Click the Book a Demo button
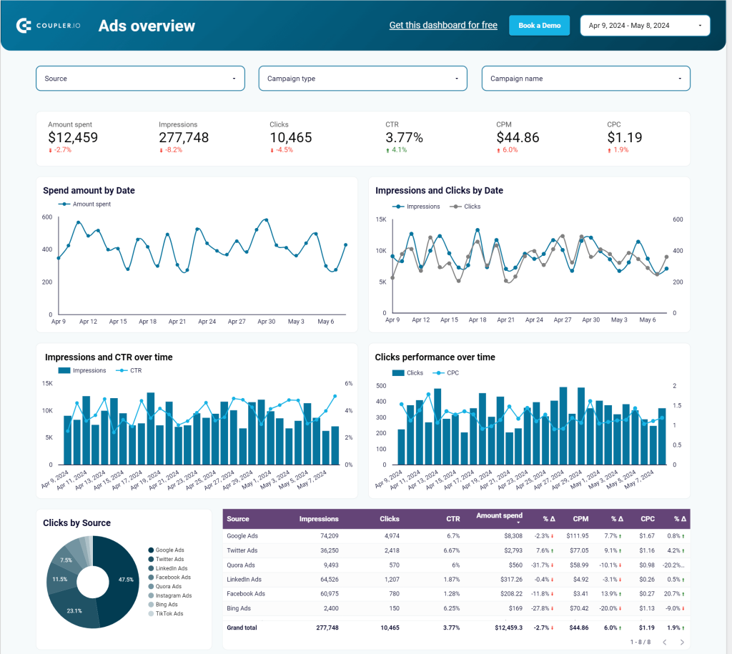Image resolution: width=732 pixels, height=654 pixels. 539,25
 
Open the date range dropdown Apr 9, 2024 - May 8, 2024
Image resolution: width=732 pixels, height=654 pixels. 645,26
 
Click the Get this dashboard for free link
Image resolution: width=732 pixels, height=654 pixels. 443,25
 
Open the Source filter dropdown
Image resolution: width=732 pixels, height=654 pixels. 140,79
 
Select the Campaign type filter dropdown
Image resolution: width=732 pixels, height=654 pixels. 362,79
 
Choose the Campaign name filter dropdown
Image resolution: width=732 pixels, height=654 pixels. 585,79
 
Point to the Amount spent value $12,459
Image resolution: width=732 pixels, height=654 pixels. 73,137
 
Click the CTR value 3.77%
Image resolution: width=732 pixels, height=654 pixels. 404,137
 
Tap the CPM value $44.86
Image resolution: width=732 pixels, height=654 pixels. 518,137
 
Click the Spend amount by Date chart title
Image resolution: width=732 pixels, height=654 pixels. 89,191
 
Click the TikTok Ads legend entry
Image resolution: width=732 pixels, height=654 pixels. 169,613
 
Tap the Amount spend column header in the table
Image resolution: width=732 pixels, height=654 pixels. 499,515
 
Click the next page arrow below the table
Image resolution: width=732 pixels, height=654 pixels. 681,642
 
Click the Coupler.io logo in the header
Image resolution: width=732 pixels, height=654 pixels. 49,26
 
